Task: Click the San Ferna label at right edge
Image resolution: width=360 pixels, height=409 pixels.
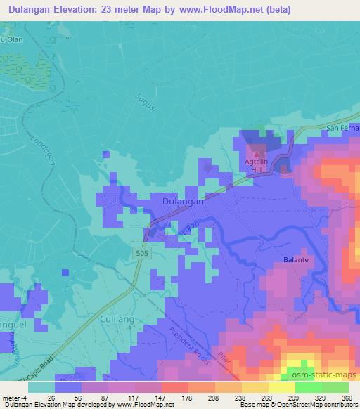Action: (343, 129)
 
